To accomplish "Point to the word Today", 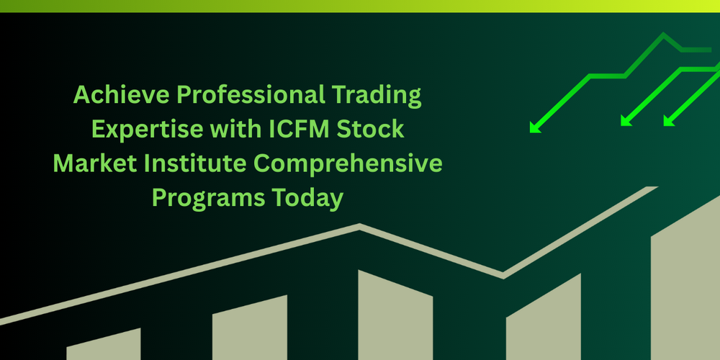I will pyautogui.click(x=311, y=198).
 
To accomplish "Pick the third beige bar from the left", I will pyautogui.click(x=395, y=317).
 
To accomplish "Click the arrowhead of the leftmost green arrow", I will pyautogui.click(x=534, y=128).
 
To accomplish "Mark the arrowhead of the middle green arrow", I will pyautogui.click(x=625, y=122).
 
